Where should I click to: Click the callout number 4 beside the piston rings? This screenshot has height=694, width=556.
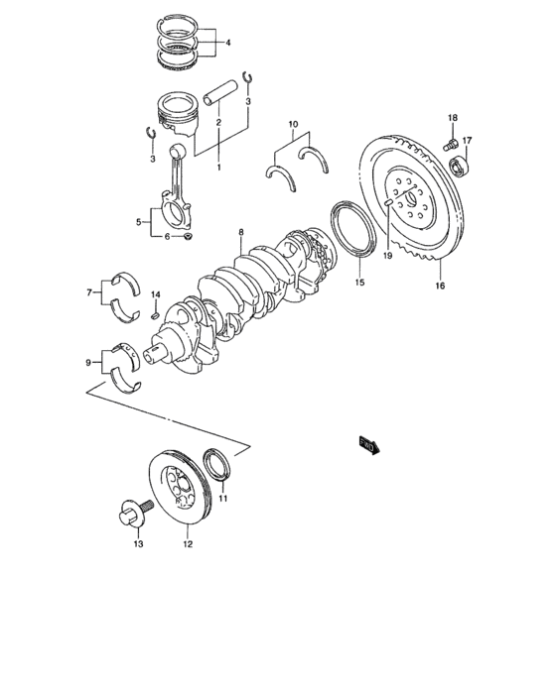point(227,43)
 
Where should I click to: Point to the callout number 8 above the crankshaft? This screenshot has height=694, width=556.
point(240,233)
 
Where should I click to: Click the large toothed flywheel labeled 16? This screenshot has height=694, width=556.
point(417,198)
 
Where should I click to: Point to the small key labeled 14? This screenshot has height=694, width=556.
point(155,315)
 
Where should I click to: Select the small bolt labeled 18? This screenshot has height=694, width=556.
point(453,148)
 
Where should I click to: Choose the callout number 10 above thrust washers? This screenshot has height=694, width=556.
point(293,125)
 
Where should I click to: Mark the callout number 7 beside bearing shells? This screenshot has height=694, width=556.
point(89,292)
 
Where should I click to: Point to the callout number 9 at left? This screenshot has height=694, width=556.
point(89,362)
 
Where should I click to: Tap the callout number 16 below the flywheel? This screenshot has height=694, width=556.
point(439,286)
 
